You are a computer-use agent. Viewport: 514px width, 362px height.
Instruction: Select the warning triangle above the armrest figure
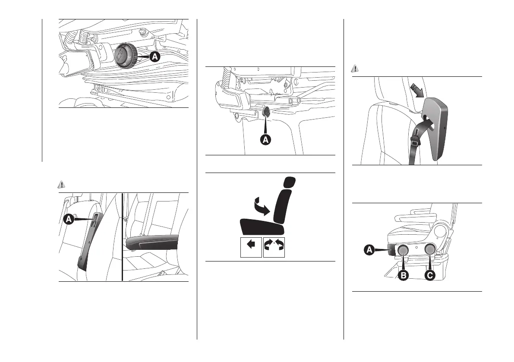[x=61, y=185]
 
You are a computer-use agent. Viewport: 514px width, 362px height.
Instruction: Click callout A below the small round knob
[x=266, y=139]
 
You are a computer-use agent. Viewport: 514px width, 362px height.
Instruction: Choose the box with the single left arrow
[x=251, y=247]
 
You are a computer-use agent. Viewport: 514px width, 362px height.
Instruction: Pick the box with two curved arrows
[x=274, y=247]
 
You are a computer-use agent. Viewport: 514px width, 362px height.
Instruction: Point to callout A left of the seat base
[x=369, y=249]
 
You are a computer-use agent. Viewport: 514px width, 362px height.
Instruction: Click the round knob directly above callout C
[x=429, y=249]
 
